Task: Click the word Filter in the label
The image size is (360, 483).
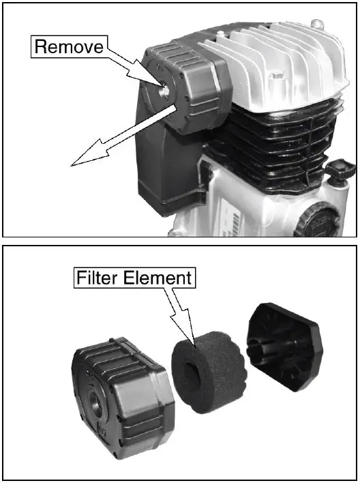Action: [x=95, y=279]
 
